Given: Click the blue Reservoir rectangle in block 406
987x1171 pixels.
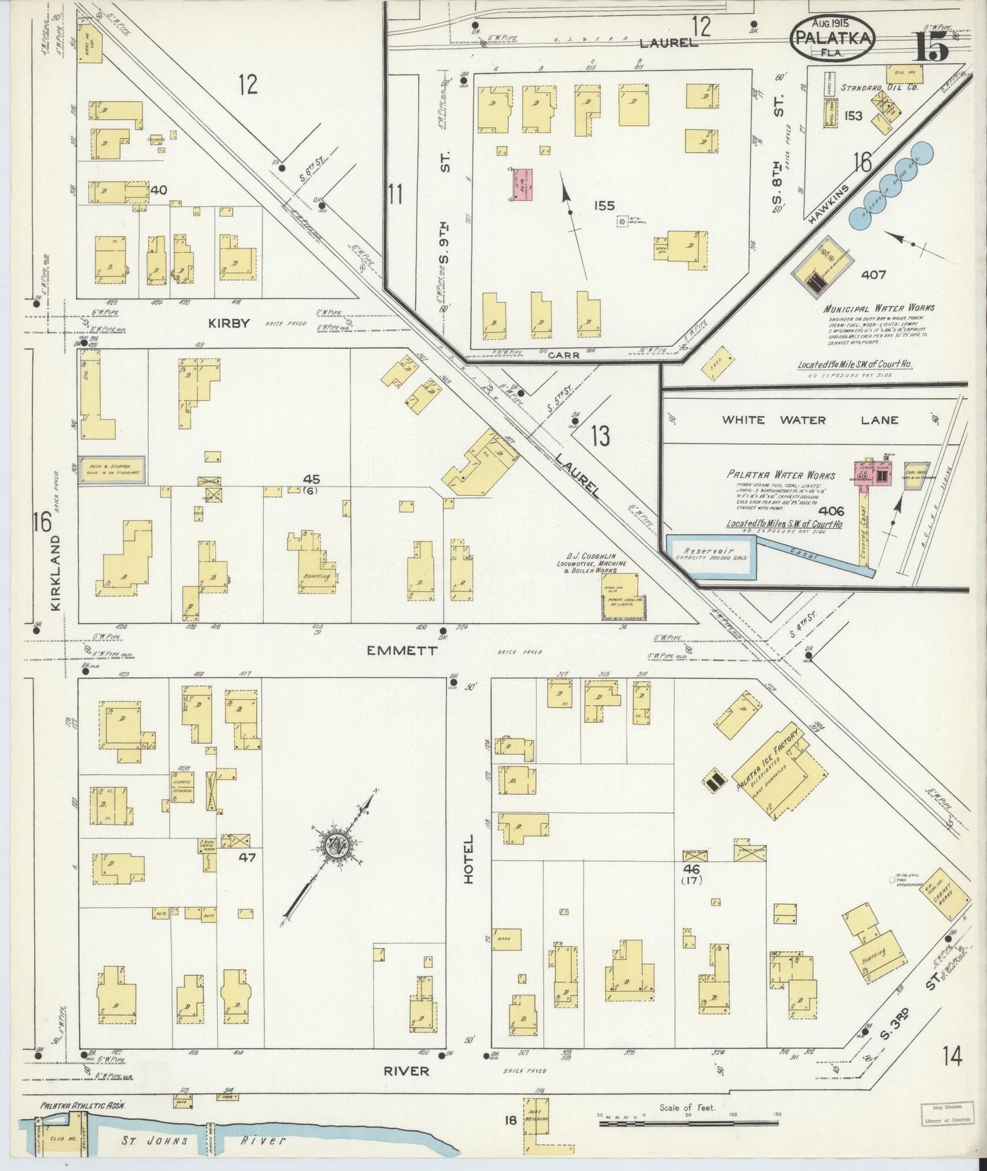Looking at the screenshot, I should (710, 557).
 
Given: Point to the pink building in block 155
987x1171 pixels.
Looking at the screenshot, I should (525, 185).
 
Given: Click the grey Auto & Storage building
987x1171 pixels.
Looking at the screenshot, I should (111, 471).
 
